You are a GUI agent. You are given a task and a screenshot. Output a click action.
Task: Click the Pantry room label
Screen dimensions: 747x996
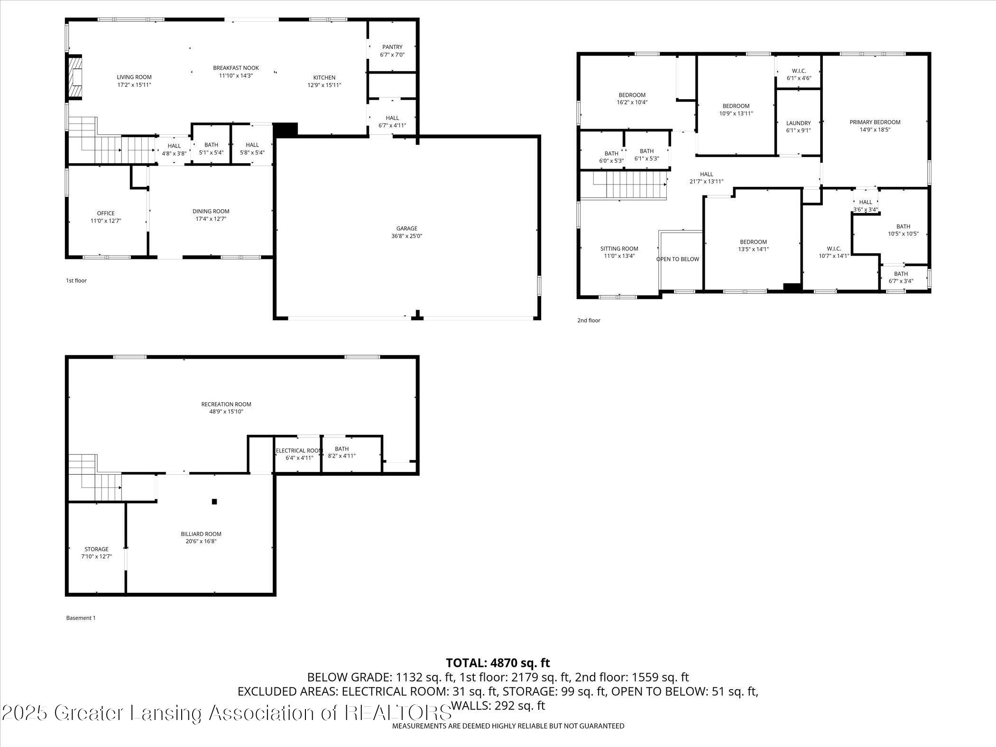click(x=392, y=47)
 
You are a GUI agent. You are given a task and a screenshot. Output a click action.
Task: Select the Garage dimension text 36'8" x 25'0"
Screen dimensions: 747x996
click(x=406, y=236)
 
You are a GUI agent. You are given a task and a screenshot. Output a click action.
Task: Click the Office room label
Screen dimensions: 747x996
click(x=106, y=213)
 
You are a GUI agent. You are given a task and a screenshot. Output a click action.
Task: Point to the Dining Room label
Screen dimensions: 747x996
click(x=211, y=212)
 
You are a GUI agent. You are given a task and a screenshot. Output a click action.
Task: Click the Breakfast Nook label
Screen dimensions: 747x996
click(x=236, y=68)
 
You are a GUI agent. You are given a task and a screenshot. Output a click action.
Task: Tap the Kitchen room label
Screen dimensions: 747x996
click(x=324, y=78)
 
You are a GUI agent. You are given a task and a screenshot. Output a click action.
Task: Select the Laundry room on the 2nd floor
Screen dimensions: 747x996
click(x=798, y=123)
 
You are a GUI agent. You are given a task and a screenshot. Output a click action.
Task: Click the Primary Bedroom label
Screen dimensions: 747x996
click(x=875, y=122)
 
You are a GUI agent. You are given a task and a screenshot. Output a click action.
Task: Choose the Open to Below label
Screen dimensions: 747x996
click(x=677, y=259)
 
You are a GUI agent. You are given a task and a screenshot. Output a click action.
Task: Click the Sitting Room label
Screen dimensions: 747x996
click(x=619, y=249)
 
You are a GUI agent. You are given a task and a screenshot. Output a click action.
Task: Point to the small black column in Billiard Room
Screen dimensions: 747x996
click(x=214, y=501)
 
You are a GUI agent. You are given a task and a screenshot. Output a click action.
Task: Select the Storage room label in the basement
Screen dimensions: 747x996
click(x=96, y=549)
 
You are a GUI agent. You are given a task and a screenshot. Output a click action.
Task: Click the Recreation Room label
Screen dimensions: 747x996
click(x=226, y=405)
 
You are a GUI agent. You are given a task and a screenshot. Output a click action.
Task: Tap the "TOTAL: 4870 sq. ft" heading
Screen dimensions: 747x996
click(x=498, y=663)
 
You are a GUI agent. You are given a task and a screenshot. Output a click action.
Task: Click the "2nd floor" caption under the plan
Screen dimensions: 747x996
click(x=589, y=321)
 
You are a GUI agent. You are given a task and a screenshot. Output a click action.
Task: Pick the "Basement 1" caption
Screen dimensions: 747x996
click(x=81, y=618)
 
